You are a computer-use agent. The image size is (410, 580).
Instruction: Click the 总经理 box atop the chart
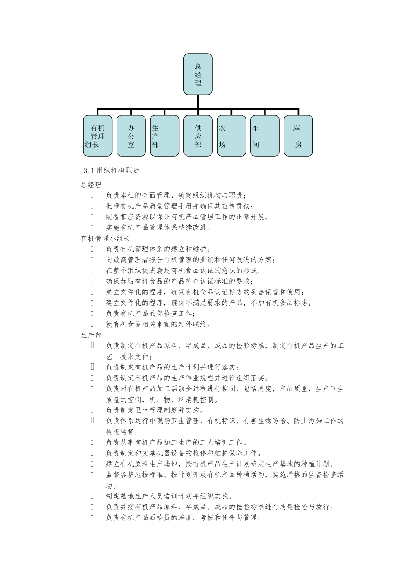click(x=198, y=74)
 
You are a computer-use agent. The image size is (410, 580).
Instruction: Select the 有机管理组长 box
click(x=98, y=136)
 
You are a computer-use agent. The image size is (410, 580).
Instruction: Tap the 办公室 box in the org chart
click(x=131, y=136)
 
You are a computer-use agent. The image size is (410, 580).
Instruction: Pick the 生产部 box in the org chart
click(x=164, y=136)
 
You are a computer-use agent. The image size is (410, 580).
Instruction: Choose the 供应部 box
click(x=198, y=136)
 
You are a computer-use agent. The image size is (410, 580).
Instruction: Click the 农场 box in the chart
click(x=231, y=136)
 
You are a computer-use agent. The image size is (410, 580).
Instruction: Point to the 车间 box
click(x=265, y=136)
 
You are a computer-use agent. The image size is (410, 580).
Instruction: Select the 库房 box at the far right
click(x=298, y=136)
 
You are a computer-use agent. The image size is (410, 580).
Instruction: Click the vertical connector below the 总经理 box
click(x=198, y=101)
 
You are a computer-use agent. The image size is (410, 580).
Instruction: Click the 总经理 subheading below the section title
click(x=91, y=185)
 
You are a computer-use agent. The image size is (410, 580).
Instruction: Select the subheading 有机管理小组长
click(x=106, y=238)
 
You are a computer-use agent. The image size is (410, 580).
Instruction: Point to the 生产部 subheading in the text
click(x=91, y=335)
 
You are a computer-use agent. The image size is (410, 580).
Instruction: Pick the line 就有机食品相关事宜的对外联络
click(x=159, y=324)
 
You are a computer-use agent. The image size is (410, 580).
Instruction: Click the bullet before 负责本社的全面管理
click(x=92, y=195)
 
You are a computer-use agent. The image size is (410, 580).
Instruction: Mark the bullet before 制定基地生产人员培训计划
click(x=92, y=496)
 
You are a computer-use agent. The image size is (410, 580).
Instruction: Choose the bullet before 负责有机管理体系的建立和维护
click(x=92, y=249)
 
